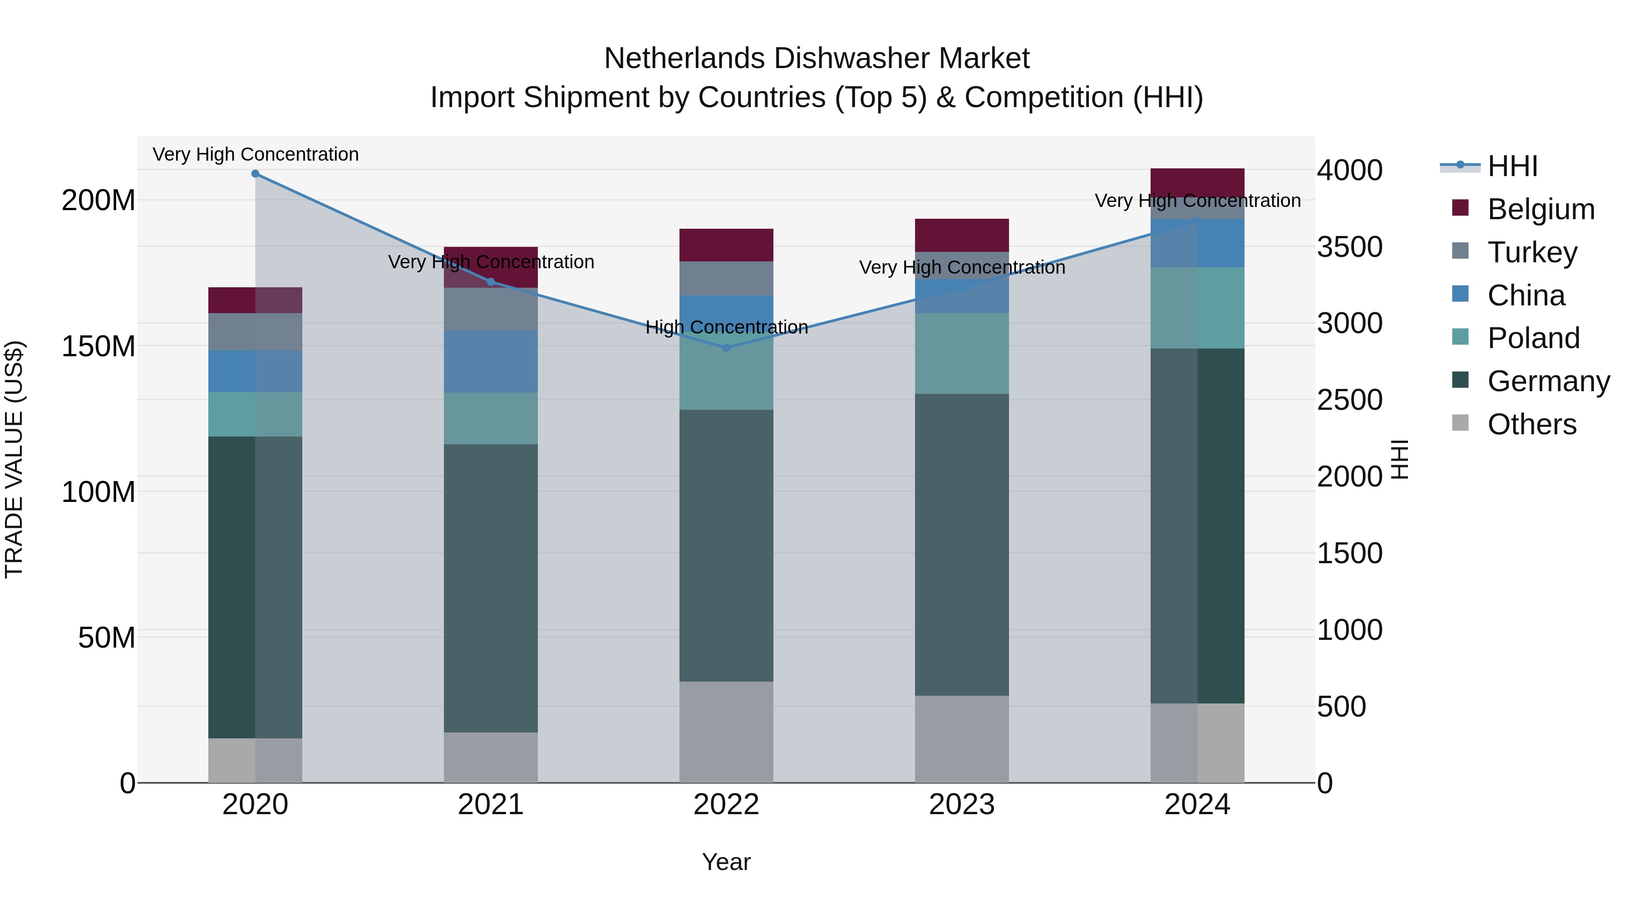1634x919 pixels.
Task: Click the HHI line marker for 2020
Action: pos(255,173)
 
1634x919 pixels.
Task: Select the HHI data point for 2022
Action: pos(726,348)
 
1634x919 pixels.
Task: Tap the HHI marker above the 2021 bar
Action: pos(490,281)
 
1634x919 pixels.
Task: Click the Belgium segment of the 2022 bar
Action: pos(726,245)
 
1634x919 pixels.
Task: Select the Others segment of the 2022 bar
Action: pos(726,732)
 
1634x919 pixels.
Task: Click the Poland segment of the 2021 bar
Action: pos(490,418)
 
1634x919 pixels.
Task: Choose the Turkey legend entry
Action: pos(1531,252)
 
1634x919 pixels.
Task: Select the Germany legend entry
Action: pos(1548,381)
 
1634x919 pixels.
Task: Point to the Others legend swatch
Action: pos(1460,423)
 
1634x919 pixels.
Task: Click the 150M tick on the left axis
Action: pos(98,346)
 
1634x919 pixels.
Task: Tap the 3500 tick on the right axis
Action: pos(1349,247)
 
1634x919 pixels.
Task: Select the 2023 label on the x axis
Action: pos(962,805)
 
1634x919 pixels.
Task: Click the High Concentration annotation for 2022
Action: pos(726,327)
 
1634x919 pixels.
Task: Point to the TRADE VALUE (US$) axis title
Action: pos(14,459)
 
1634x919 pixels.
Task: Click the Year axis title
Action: pos(726,862)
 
